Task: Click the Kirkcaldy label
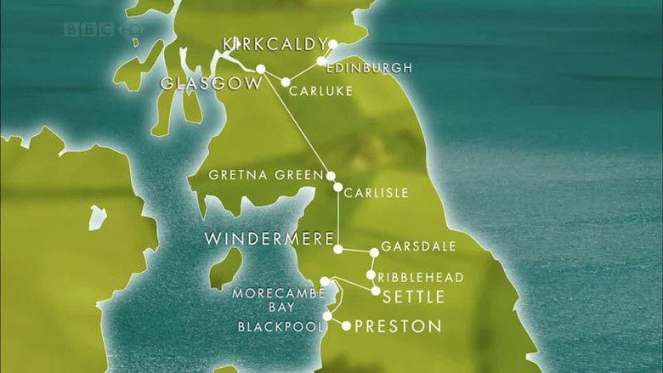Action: pyautogui.click(x=274, y=43)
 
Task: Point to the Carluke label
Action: pyautogui.click(x=321, y=90)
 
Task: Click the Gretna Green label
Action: pyautogui.click(x=266, y=175)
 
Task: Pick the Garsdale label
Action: pyautogui.click(x=419, y=247)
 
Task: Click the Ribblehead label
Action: pyautogui.click(x=421, y=277)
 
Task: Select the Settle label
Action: pyautogui.click(x=414, y=297)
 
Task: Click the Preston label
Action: pyautogui.click(x=398, y=326)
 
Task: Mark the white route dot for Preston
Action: pyautogui.click(x=347, y=325)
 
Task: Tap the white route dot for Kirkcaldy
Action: pyautogui.click(x=333, y=43)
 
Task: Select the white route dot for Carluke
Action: pyautogui.click(x=286, y=82)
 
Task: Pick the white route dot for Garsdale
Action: pyautogui.click(x=374, y=252)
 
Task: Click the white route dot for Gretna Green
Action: pyautogui.click(x=330, y=175)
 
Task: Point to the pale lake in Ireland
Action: pyautogui.click(x=98, y=218)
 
